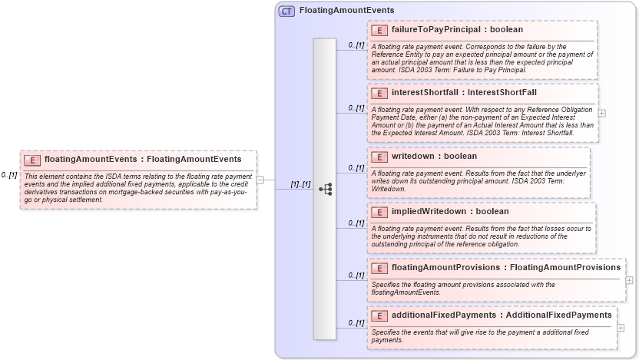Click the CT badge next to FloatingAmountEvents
286,11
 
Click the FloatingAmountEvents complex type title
346,11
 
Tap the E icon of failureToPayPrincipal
379,30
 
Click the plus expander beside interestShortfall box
602,113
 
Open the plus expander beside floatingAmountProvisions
629,280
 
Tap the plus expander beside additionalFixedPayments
621,328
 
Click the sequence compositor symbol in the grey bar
325,188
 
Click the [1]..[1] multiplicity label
300,185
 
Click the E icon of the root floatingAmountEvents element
32,160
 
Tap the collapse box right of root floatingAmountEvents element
260,180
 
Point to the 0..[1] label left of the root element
9,175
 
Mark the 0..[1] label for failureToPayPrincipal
356,45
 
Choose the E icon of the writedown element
379,157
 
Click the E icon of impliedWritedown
379,212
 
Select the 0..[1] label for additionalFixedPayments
356,323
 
